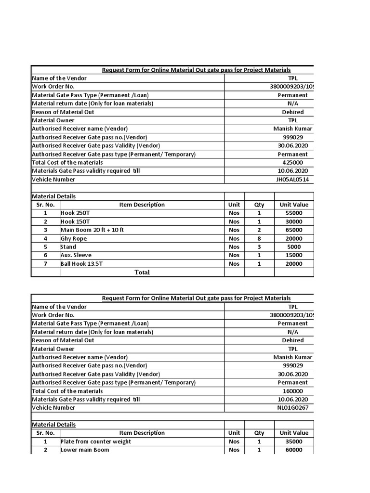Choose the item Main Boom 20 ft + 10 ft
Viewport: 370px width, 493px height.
click(92, 230)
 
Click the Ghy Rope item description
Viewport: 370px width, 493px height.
click(74, 238)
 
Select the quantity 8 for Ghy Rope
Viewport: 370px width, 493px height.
click(259, 238)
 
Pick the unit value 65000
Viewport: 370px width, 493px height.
click(293, 230)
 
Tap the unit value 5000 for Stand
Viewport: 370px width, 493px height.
click(293, 247)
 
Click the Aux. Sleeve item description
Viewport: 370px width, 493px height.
click(76, 255)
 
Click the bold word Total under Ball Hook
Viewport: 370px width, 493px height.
click(142, 272)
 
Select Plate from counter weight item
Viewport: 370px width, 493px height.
click(95, 441)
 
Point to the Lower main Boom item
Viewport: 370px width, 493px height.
click(85, 450)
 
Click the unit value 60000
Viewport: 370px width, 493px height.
click(293, 450)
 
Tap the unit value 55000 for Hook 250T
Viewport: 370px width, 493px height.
click(293, 213)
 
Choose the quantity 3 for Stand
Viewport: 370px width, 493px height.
click(259, 247)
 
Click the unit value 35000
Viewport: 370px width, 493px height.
click(293, 441)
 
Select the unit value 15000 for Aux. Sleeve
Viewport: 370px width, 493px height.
click(293, 255)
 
